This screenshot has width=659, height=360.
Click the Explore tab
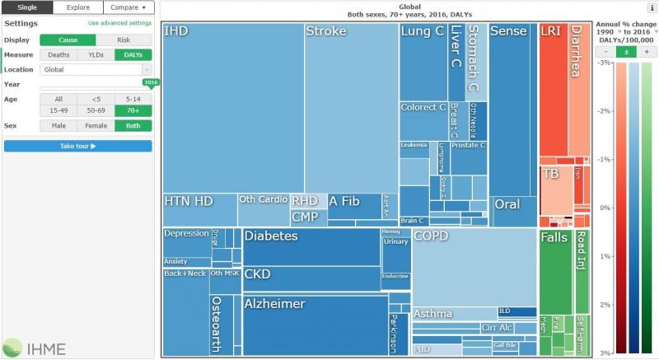point(78,7)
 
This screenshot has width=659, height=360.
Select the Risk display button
point(124,40)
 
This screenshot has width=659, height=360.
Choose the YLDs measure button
point(96,54)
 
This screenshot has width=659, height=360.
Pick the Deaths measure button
point(58,54)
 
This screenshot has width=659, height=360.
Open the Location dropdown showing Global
point(96,70)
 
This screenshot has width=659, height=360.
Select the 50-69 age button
point(96,110)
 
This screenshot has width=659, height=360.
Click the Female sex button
point(96,126)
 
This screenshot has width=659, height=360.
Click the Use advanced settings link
point(119,24)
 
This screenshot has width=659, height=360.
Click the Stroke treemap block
point(351,107)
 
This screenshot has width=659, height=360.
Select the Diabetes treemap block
point(311,247)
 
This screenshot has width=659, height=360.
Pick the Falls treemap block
point(554,272)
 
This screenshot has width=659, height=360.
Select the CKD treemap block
point(311,279)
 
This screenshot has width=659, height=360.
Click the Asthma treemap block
point(453,314)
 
